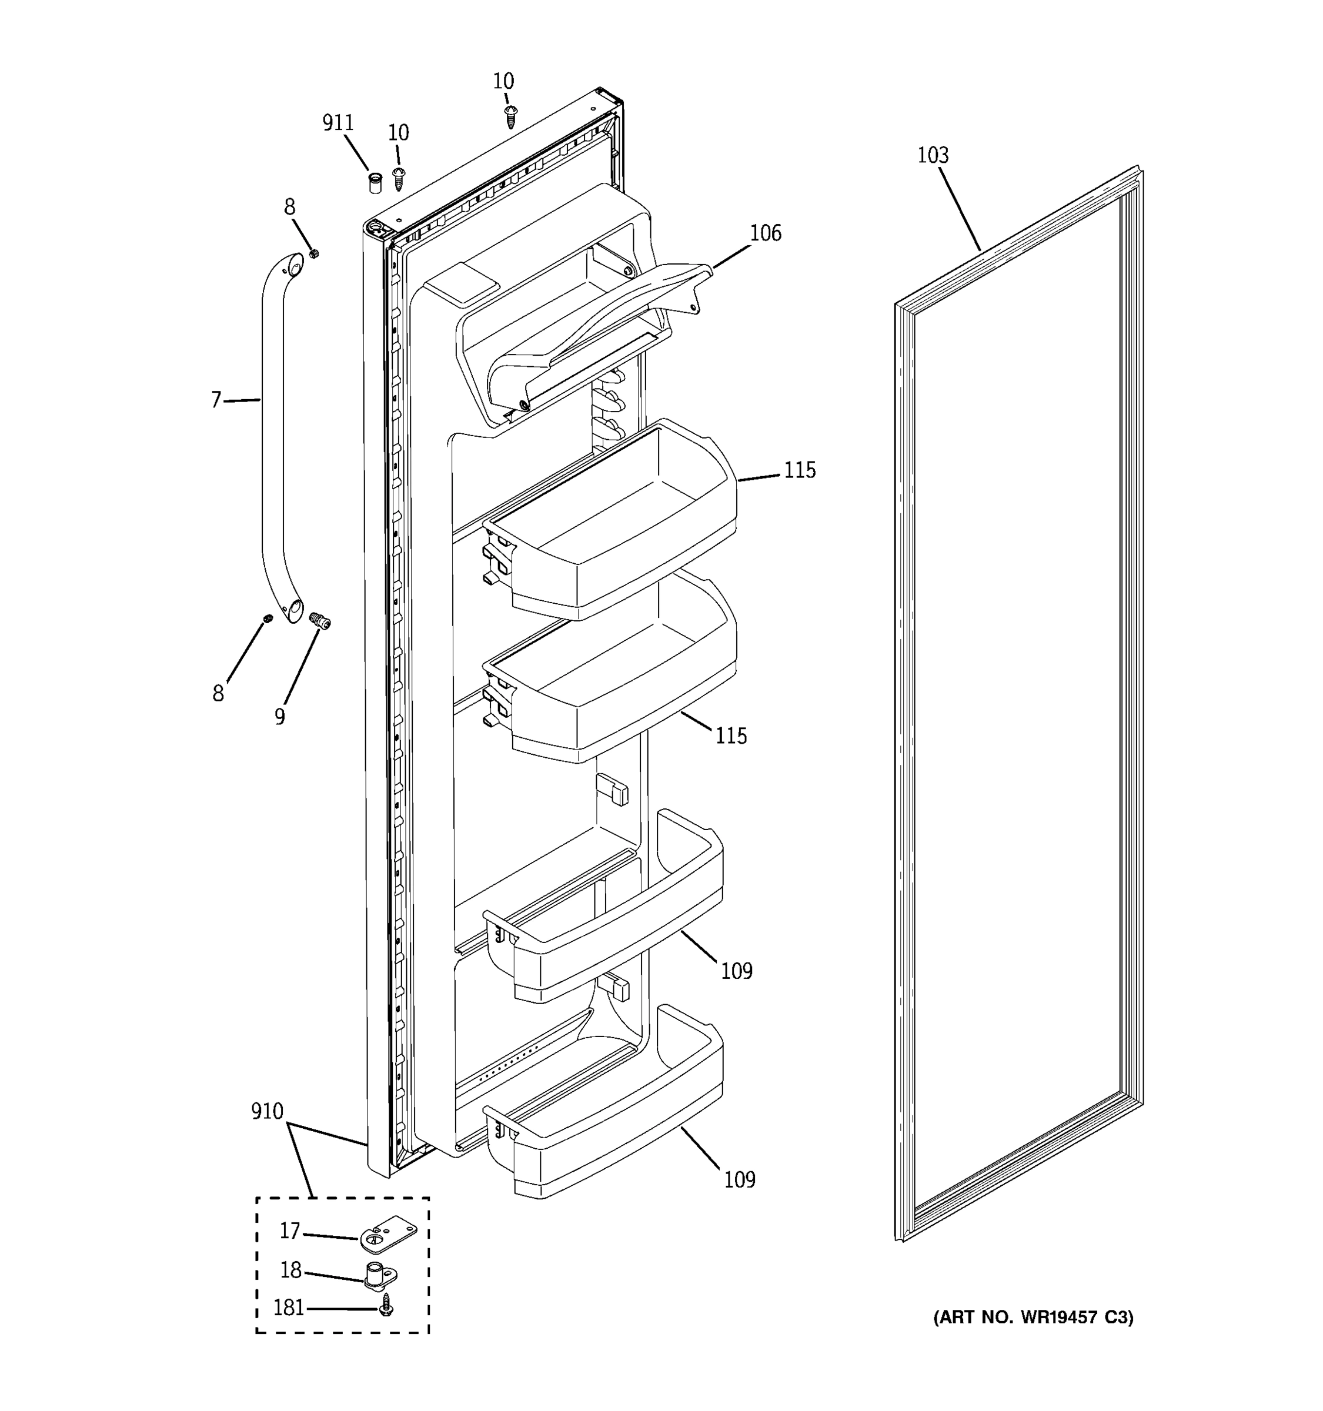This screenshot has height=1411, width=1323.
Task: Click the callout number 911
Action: pos(338,123)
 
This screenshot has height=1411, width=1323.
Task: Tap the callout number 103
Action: pos(933,155)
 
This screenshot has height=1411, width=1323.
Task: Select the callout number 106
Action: pos(766,233)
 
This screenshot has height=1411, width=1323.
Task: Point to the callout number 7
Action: pos(216,400)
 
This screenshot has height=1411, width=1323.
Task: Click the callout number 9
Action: pos(280,717)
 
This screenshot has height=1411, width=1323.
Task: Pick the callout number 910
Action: pos(267,1112)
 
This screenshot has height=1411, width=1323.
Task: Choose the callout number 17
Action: pos(289,1231)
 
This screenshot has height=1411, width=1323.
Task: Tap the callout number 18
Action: pos(291,1270)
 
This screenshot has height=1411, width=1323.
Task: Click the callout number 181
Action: pos(289,1308)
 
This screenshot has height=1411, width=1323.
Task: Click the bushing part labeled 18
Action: pos(380,1274)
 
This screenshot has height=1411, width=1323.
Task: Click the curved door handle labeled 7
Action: pos(273,440)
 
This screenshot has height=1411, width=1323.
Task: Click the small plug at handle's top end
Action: pos(314,253)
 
